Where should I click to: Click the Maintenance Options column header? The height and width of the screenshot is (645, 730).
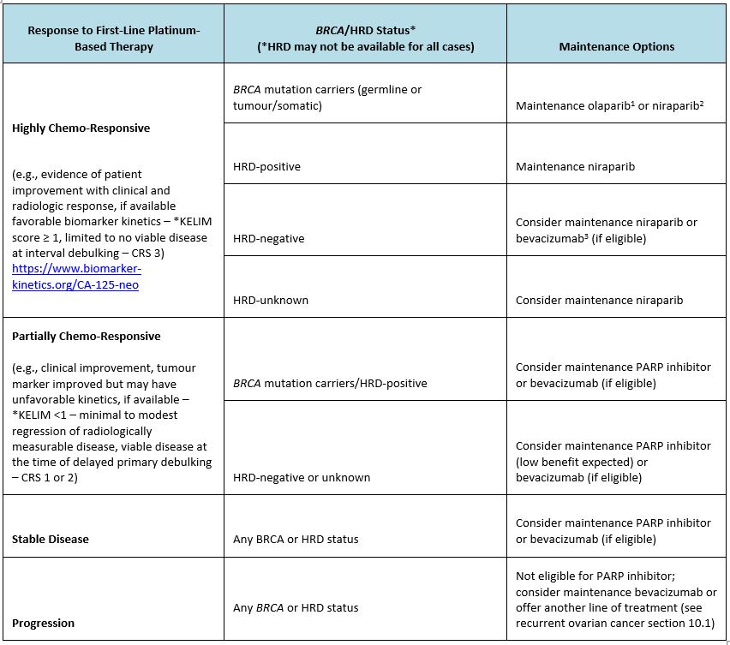[x=616, y=46]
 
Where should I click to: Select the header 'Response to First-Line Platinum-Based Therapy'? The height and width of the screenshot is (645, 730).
[x=113, y=39]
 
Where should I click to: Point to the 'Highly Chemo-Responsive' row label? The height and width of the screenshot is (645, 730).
[x=81, y=128]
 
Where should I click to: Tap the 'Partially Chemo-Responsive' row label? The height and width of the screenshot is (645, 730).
[x=86, y=336]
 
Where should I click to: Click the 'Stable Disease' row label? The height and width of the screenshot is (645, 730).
[x=50, y=539]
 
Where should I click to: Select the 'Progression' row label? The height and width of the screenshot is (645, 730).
[x=43, y=623]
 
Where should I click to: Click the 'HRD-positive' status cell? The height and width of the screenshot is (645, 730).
[x=266, y=166]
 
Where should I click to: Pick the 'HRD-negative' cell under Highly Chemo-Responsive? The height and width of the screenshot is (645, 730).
[x=268, y=238]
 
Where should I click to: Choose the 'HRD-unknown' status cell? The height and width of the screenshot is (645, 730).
[x=270, y=300]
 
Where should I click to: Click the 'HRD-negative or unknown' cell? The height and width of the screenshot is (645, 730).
[x=301, y=477]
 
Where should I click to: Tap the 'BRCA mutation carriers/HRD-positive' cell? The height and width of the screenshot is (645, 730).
[x=330, y=382]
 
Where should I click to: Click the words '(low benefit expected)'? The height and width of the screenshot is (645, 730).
[x=569, y=462]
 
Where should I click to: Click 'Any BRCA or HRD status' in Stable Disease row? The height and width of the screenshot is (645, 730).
[x=296, y=539]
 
